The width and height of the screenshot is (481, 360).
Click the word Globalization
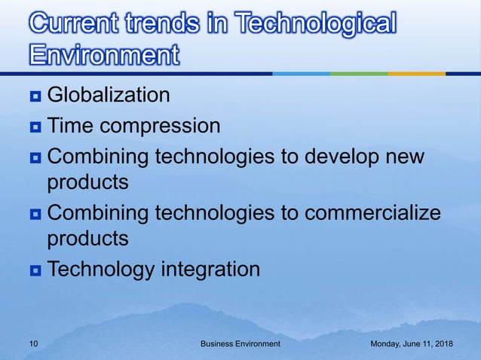[x=109, y=96]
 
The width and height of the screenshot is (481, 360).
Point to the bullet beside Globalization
[x=34, y=96]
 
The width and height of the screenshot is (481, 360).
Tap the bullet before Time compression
[x=34, y=125]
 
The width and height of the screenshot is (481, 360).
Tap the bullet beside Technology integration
[x=34, y=269]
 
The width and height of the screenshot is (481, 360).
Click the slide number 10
[x=33, y=343]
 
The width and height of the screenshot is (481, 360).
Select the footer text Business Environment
[x=240, y=343]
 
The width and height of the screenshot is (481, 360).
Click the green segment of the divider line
[x=359, y=74]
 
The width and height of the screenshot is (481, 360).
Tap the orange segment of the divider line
[x=416, y=74]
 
